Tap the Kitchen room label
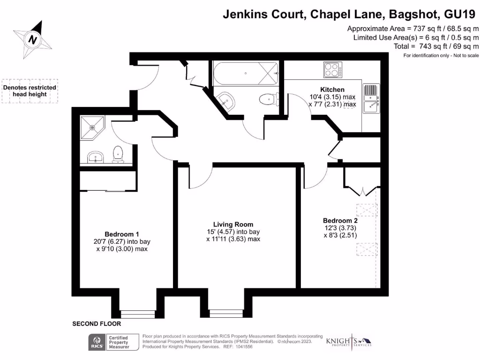coord(332,90)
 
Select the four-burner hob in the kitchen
coord(332,70)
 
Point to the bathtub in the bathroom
coord(245,73)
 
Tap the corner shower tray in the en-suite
coord(93,127)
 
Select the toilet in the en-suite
coord(118,154)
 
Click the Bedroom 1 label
coord(121,234)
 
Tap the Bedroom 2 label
coord(340,220)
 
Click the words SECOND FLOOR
coord(97,324)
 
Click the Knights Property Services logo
coord(349,342)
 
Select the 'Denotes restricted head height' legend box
coord(30,91)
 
